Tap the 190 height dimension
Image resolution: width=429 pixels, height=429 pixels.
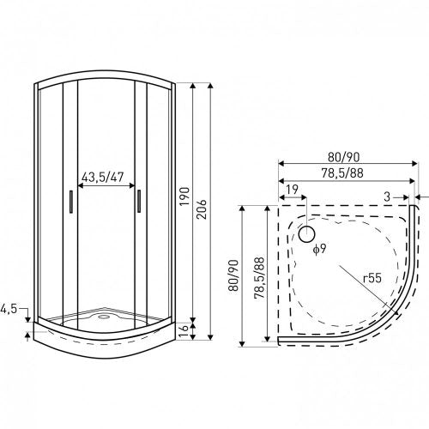point(184,202)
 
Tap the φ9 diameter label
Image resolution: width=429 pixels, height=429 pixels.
point(318,250)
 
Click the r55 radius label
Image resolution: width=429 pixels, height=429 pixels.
point(372,279)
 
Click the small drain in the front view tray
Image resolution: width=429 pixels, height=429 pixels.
point(104,315)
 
